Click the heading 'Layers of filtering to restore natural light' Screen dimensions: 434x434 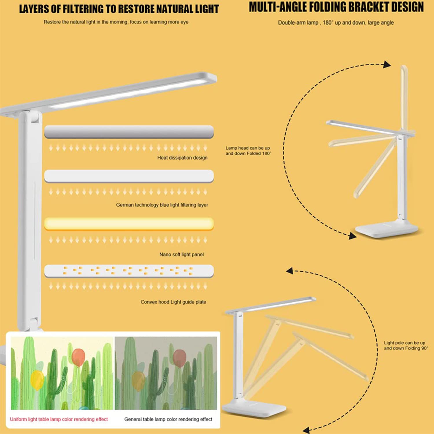pos(119,9)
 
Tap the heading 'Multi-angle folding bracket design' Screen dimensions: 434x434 pos(336,8)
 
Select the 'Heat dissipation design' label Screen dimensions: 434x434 pos(182,158)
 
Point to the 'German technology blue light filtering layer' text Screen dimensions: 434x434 pos(162,205)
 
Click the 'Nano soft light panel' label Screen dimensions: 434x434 pos(181,255)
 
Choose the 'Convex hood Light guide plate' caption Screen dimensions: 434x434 pos(173,302)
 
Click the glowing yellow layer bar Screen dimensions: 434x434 pos(129,224)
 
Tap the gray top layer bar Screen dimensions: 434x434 pos(129,132)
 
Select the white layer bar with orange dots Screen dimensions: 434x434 pos(129,271)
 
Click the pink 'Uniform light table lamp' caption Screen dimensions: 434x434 pos(59,419)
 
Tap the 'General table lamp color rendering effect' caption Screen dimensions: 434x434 pos(168,419)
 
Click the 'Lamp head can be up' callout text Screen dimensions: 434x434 pos(248,151)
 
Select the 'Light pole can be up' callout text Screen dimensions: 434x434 pos(406,345)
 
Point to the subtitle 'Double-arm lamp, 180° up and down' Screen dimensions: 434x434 pos(336,23)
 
